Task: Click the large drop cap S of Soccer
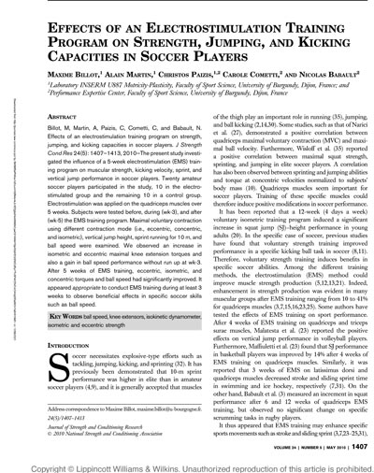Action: click(x=56, y=341)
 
